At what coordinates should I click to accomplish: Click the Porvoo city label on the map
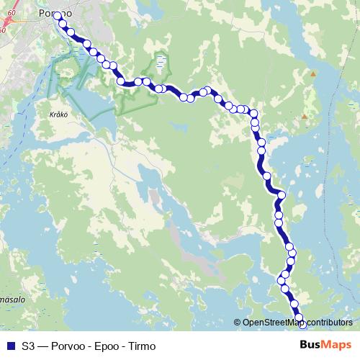click(x=56, y=13)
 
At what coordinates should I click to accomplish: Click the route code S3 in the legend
click(x=28, y=346)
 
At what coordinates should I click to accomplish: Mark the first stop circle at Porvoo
click(x=57, y=16)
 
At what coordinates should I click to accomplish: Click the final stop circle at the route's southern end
click(x=302, y=325)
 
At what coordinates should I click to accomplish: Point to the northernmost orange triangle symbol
click(x=312, y=73)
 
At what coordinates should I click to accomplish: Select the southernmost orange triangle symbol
click(x=305, y=116)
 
